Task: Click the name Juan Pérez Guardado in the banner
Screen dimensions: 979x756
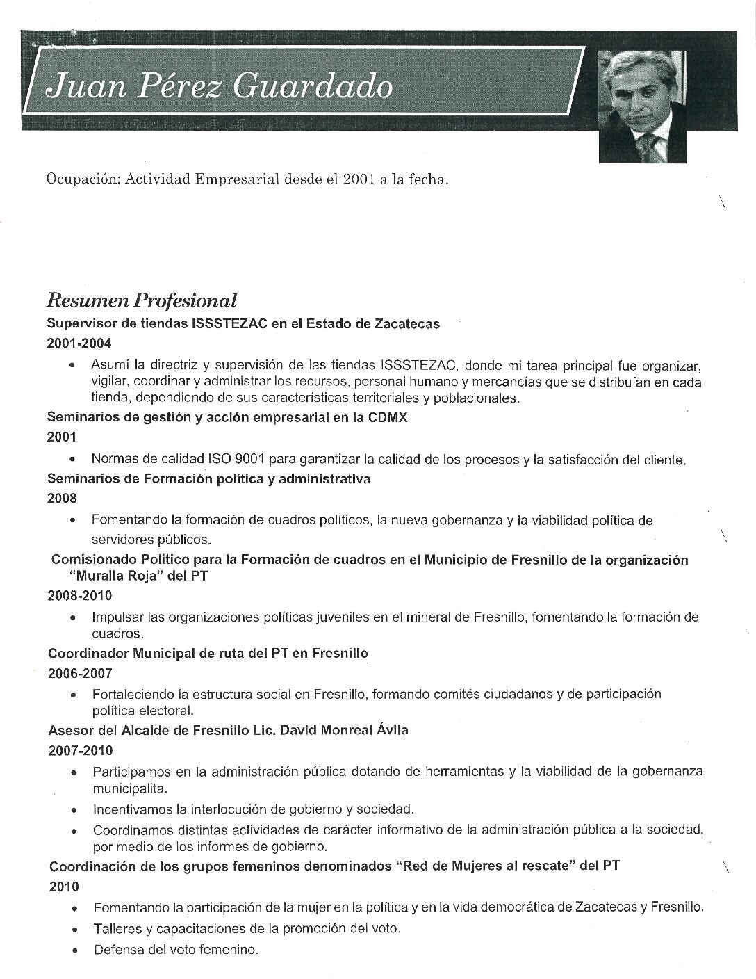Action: coord(217,88)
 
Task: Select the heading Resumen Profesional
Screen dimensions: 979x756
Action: coord(141,300)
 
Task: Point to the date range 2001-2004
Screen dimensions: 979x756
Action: coord(79,343)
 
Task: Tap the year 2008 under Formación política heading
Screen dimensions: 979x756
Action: coord(62,498)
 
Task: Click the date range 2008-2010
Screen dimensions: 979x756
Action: coord(79,596)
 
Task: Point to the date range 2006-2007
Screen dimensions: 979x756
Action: coord(80,673)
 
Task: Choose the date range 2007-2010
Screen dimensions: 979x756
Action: coord(81,751)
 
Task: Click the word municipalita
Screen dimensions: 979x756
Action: coord(130,790)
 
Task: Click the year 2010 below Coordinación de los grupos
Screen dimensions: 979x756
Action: coord(64,887)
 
